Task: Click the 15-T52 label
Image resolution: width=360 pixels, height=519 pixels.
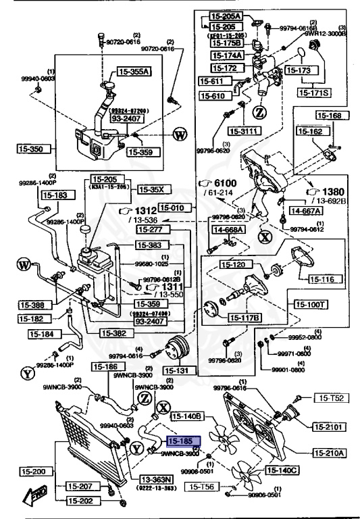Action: [x=330, y=399]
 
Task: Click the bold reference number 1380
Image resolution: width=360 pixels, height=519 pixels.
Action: [x=329, y=191]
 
